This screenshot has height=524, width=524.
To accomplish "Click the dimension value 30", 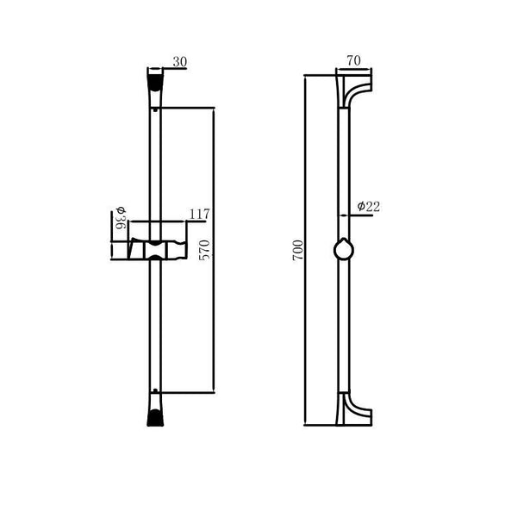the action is pos(180,62).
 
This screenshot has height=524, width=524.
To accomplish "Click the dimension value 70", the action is pos(353,60).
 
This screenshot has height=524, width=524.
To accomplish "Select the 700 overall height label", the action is pos(297,250).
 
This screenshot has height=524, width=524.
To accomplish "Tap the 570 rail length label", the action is pos(204,250).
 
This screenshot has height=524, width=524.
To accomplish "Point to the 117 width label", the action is pos(199,214).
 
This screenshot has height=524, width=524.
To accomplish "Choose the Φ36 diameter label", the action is pos(121,218).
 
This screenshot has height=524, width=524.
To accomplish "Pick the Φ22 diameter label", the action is pos(369,207).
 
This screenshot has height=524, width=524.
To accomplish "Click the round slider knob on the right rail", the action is pos(344,250).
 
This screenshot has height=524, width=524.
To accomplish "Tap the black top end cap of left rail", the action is pos(155,83).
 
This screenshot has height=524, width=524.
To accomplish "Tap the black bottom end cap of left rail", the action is pos(155,418).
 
